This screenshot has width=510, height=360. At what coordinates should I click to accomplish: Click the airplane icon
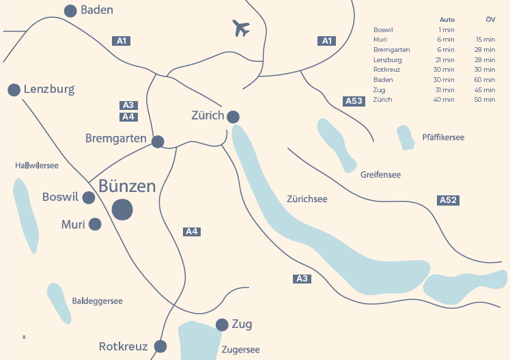click(x=241, y=28)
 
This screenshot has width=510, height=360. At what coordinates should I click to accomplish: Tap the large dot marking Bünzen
click(x=123, y=210)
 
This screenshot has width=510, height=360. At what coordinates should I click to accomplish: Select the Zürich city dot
click(x=233, y=117)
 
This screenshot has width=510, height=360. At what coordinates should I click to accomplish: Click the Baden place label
click(x=96, y=10)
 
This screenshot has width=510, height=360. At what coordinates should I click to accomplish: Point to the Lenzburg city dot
click(x=14, y=89)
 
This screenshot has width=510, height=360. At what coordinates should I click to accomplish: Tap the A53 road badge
click(x=354, y=101)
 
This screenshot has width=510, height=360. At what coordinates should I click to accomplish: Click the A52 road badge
click(x=448, y=200)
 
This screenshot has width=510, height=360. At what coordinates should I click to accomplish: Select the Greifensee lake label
click(x=380, y=175)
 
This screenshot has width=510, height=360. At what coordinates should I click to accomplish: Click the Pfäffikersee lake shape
click(x=406, y=137)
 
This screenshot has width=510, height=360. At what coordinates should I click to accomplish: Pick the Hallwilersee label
click(x=37, y=165)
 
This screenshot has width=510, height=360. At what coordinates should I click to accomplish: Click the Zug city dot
click(x=222, y=324)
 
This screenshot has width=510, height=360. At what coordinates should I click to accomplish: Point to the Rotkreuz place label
click(x=123, y=346)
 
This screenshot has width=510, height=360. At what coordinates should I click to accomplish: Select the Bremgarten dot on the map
click(x=158, y=141)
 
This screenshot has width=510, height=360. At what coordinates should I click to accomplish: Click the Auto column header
click(x=447, y=20)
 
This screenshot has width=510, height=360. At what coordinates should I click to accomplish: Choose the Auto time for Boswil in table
click(x=447, y=30)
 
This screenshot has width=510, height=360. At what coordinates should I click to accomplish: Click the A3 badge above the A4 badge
click(x=128, y=105)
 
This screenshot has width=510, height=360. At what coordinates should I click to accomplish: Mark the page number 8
click(x=24, y=337)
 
